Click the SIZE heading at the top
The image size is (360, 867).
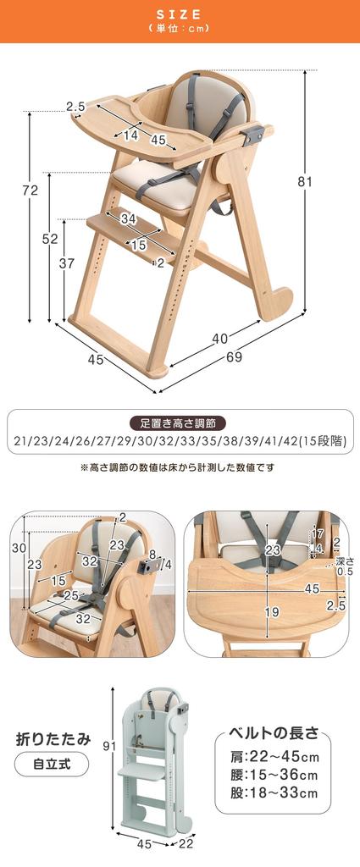(x=179, y=14)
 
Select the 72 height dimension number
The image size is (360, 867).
(x=30, y=191)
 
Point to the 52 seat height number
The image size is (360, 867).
(x=50, y=239)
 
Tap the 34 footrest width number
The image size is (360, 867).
(x=128, y=219)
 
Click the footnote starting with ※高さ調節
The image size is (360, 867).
(x=179, y=467)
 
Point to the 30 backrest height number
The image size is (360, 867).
(x=18, y=548)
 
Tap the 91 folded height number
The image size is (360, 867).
(x=97, y=745)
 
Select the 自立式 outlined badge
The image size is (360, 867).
(x=52, y=765)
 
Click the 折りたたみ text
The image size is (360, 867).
(x=53, y=738)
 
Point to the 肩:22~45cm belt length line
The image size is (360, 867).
(x=274, y=755)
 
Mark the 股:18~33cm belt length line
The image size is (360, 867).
(x=274, y=793)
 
